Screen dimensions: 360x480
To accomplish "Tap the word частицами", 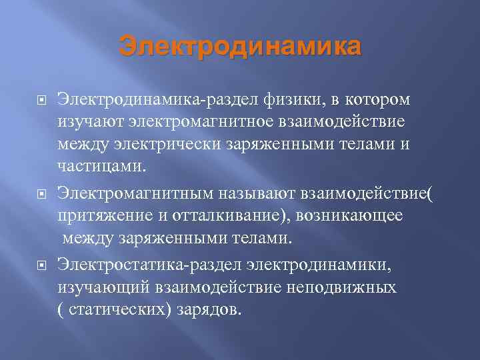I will (101, 166).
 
